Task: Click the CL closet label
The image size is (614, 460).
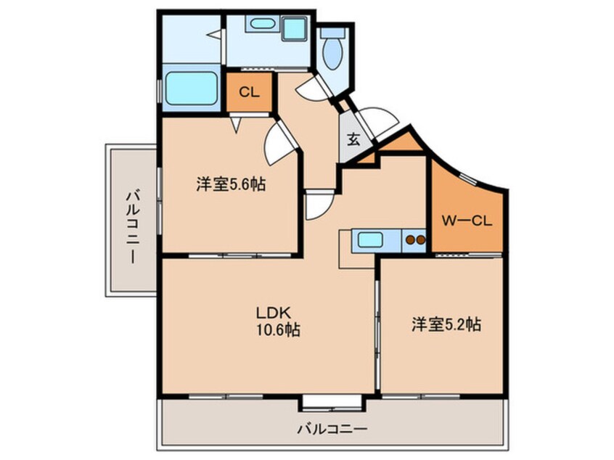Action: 249,92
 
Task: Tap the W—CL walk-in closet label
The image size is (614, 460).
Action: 467,221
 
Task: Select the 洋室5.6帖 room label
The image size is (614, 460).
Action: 231,184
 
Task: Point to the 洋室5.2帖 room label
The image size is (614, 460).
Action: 446,324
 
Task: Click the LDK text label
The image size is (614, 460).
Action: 273,313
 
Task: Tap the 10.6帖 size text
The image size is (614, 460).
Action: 279,329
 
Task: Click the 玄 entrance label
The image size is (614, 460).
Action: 353,139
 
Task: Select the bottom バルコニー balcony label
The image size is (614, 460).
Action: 332,429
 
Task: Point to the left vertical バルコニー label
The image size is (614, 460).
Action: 133,227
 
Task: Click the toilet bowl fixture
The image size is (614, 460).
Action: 332,51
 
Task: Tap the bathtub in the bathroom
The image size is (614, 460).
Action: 192,88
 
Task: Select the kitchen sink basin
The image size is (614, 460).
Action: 370,239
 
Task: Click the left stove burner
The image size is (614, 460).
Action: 411,239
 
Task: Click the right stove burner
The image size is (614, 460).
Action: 420,239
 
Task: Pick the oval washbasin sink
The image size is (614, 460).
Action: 261,23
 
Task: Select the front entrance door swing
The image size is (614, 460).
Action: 378,120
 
